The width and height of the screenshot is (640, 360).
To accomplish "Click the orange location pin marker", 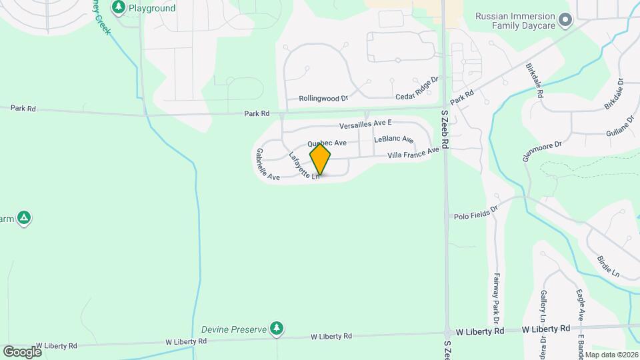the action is [x=321, y=159].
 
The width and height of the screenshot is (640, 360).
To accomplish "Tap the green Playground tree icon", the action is [x=119, y=8].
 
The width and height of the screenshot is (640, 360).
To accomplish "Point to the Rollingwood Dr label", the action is [x=323, y=98].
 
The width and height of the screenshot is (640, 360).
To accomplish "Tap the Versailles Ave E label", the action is [x=365, y=124].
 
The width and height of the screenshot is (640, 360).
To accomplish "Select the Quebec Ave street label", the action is [x=327, y=143].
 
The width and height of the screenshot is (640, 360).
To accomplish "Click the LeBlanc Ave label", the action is [x=394, y=139].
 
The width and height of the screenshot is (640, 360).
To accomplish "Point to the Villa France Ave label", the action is [x=414, y=153].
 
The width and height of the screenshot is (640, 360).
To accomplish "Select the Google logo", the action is [x=22, y=351].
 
